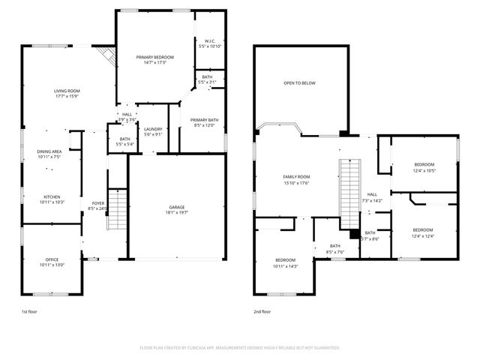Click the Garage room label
pyautogui.click(x=177, y=207)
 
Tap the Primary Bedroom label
pyautogui.click(x=155, y=58)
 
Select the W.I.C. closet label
pyautogui.click(x=210, y=40)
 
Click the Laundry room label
pyautogui.click(x=153, y=129)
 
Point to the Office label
pyautogui.click(x=51, y=259)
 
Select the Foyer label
pyautogui.click(x=98, y=202)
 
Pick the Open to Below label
pyautogui.click(x=299, y=82)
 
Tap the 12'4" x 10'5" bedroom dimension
pyautogui.click(x=424, y=170)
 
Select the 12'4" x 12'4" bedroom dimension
pyautogui.click(x=424, y=236)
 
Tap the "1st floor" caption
pyautogui.click(x=30, y=310)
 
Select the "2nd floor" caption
pyautogui.click(x=262, y=310)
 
